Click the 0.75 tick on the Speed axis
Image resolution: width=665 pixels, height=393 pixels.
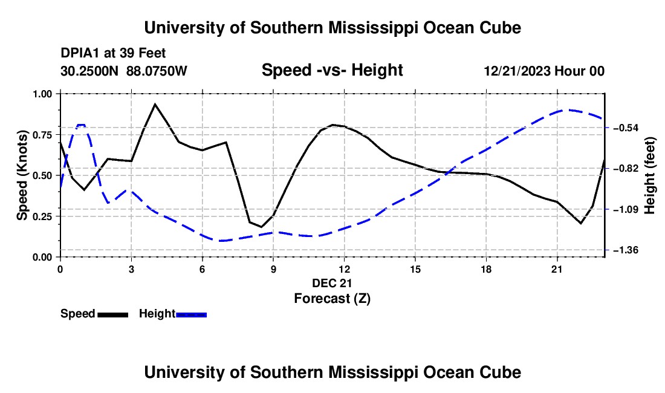click(42, 135)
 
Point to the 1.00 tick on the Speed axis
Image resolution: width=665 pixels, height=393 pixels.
click(42, 94)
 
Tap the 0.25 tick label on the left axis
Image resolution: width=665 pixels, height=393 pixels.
click(42, 216)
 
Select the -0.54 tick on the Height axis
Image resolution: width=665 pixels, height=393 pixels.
click(626, 128)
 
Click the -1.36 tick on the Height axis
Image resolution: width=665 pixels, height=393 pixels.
click(626, 250)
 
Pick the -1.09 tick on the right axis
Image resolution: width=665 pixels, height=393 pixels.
click(626, 209)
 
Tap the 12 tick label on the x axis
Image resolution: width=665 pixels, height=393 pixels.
click(345, 269)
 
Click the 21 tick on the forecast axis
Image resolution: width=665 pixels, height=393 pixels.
click(557, 269)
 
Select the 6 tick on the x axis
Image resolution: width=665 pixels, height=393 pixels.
click(203, 269)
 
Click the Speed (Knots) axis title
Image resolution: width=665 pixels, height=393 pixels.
click(22, 175)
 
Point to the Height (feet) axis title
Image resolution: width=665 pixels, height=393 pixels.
click(650, 175)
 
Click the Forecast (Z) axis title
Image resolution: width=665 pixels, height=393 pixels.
click(332, 299)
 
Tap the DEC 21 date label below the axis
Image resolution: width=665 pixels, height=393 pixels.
click(332, 283)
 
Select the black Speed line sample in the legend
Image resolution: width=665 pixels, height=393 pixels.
click(113, 314)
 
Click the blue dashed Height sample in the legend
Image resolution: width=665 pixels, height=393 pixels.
click(191, 314)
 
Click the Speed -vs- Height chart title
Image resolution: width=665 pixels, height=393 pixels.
click(332, 70)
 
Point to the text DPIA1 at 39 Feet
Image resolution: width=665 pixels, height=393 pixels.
click(113, 53)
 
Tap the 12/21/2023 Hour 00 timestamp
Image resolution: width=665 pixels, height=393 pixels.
click(544, 71)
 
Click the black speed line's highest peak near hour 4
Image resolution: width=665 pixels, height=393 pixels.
click(155, 104)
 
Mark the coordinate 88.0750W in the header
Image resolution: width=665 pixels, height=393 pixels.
click(157, 71)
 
